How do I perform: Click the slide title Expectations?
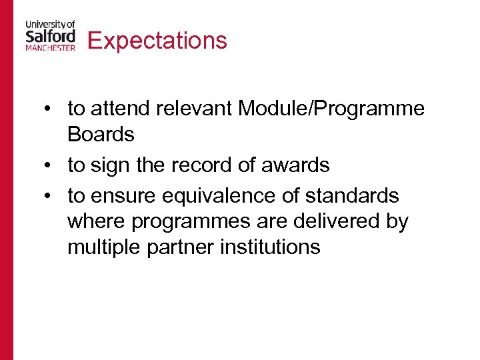click(x=157, y=41)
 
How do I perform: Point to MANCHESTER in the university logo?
click(x=51, y=48)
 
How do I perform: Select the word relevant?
click(x=201, y=109)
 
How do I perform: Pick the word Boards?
click(x=101, y=134)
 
